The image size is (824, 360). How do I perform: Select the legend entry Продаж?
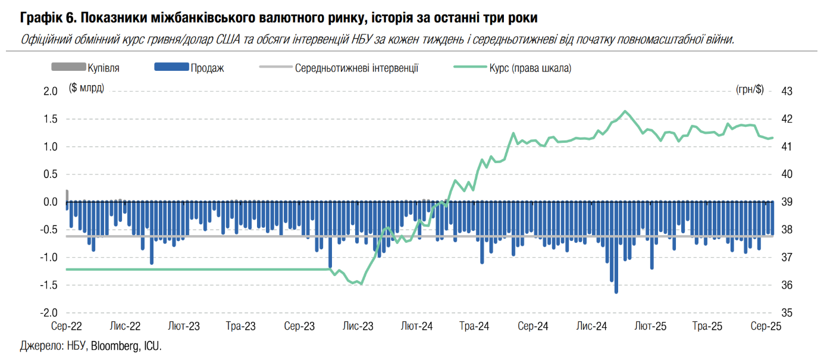click(x=207, y=68)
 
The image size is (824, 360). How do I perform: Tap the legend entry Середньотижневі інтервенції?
click(x=356, y=68)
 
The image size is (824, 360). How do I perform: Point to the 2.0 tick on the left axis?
click(x=50, y=91)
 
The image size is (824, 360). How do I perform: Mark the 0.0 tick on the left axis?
click(x=50, y=202)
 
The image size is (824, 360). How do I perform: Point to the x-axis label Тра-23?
click(x=241, y=326)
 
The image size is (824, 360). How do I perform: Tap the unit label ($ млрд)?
click(x=87, y=88)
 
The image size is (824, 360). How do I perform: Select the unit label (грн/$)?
click(x=749, y=89)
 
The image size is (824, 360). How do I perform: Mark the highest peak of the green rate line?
click(x=625, y=111)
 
